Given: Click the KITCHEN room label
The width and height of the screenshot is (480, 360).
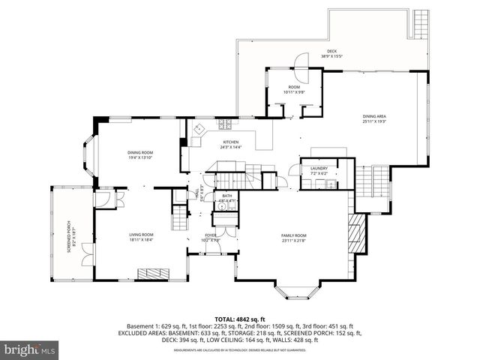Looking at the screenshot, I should [230, 142].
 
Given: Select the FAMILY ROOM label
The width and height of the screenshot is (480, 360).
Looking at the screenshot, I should [293, 235].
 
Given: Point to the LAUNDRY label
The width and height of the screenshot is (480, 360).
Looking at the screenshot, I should [319, 168].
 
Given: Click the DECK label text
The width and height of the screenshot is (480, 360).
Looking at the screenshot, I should [331, 51].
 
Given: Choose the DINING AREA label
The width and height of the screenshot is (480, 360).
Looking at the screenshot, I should [374, 116].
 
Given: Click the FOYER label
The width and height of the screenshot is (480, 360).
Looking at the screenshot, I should [211, 235].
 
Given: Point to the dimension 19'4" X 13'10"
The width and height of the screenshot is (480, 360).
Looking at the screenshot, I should [140, 157].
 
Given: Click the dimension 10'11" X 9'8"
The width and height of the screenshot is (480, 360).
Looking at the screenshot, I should [293, 92].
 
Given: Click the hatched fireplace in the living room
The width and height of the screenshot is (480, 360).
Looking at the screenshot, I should [157, 272].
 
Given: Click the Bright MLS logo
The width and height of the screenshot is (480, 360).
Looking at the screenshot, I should [30, 349].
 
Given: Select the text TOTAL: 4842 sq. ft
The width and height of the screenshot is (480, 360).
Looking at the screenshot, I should [240, 319].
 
